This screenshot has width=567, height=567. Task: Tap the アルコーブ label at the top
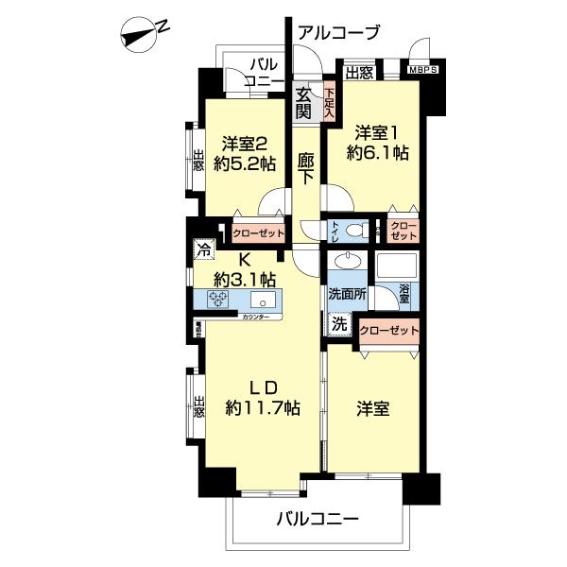[337, 32]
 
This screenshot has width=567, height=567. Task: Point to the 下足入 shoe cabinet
[329, 101]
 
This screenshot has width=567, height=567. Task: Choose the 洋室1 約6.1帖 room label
[382, 141]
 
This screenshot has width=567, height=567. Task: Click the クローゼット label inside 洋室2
[258, 231]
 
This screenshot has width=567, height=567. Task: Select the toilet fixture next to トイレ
[355, 230]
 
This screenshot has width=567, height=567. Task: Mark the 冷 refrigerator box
[203, 250]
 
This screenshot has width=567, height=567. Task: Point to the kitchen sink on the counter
[264, 301]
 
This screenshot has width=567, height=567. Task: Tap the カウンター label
[254, 316]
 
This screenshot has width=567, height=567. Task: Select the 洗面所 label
[347, 294]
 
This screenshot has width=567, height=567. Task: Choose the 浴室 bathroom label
[404, 295]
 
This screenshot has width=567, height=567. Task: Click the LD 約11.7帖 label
[262, 398]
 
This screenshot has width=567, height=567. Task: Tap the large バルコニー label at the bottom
[318, 519]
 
